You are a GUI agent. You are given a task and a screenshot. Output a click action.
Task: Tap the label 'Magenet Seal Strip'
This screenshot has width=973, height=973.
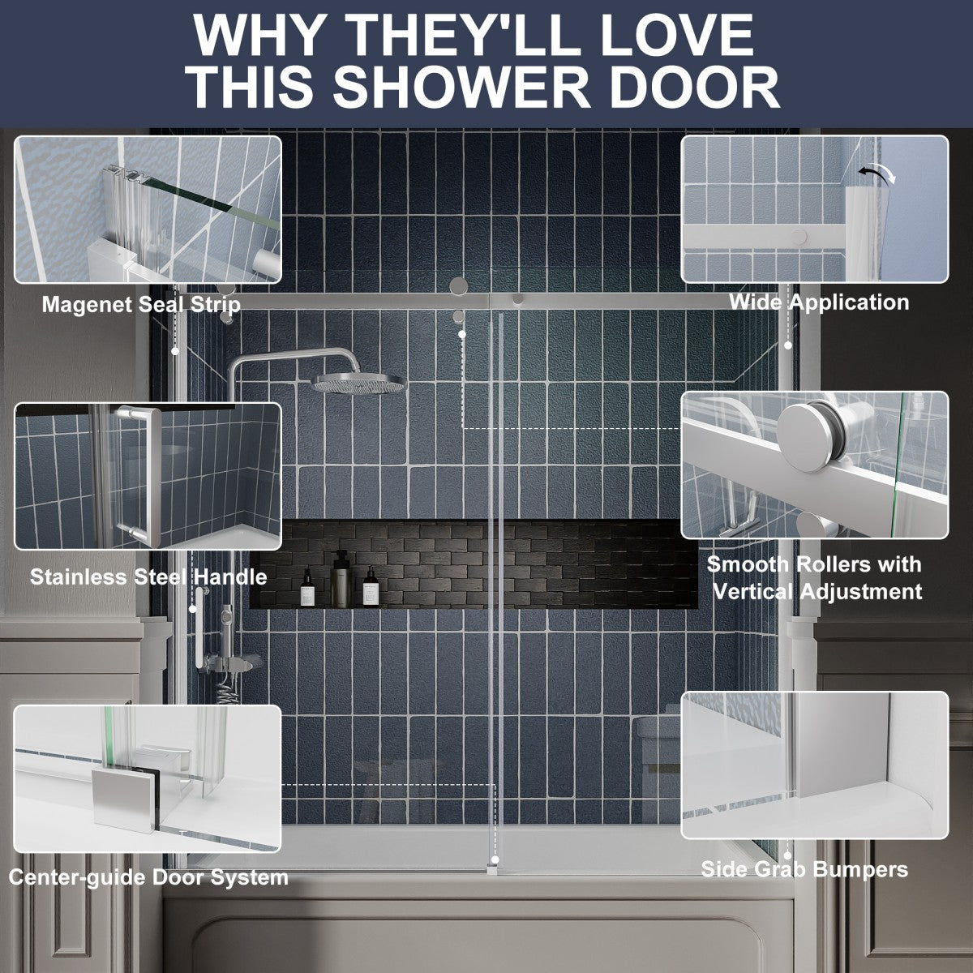click(141, 305)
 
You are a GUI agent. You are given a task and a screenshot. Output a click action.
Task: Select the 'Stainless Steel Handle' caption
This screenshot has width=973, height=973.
click(148, 577)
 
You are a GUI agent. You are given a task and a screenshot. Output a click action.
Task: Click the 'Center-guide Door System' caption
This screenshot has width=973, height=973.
click(148, 877)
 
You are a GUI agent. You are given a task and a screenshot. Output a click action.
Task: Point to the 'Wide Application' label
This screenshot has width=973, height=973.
click(818, 302)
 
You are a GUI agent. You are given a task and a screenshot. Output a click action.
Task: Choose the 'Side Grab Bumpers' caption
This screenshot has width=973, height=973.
click(804, 870)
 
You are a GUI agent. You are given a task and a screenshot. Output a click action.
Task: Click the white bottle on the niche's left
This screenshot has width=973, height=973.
click(308, 588)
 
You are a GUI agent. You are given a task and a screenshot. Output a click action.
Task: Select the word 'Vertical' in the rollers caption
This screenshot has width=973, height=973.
click(752, 591)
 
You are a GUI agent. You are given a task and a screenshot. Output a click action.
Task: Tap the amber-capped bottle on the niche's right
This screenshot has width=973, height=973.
click(369, 586)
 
